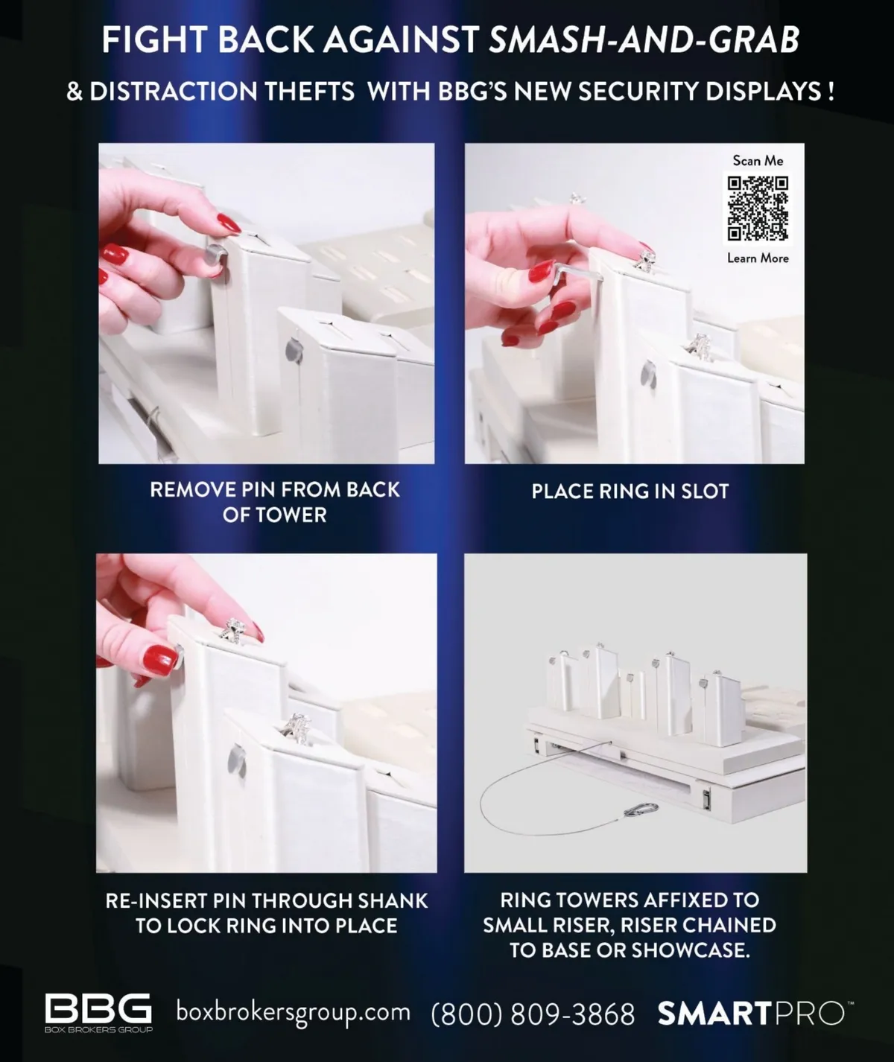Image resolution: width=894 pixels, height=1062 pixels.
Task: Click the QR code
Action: (x=758, y=209)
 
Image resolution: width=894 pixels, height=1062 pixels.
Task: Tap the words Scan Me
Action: (x=758, y=161)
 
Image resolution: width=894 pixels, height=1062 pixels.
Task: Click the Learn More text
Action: (x=758, y=258)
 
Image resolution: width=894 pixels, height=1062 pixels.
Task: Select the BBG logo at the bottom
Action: (x=98, y=1009)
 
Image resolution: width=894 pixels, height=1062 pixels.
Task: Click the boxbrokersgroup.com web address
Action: (x=293, y=1012)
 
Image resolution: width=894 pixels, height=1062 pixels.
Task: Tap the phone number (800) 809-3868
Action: (x=533, y=1014)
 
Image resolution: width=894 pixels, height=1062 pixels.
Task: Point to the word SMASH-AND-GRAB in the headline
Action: (x=644, y=39)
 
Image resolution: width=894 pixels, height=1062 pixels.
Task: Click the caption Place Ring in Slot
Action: (x=630, y=492)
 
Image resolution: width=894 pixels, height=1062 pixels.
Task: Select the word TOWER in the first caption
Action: (x=291, y=515)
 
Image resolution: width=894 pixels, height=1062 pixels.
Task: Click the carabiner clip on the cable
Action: (x=641, y=810)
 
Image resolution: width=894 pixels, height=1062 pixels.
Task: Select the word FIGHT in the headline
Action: (x=154, y=39)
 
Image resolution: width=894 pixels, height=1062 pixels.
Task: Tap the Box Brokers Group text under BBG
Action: (x=98, y=1030)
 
